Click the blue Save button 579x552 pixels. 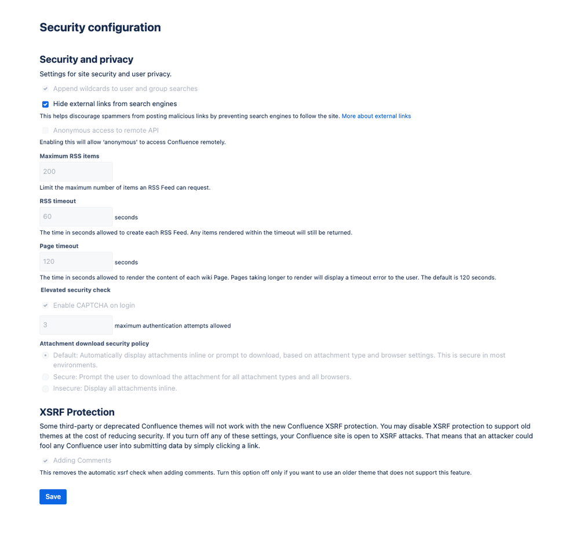point(53,497)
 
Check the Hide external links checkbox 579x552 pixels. point(45,104)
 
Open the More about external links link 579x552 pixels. point(376,117)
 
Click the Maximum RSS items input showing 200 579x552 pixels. point(76,172)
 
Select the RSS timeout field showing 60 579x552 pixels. point(76,217)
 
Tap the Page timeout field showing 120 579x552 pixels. point(76,262)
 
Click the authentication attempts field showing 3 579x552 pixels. point(76,325)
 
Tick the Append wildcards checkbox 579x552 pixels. point(45,89)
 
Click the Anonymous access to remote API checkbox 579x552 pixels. point(45,130)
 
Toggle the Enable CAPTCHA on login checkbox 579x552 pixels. point(45,306)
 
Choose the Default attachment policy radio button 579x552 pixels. point(45,355)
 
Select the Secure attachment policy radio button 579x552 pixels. point(45,377)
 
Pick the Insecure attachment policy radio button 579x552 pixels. point(45,388)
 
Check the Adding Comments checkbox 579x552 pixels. point(45,460)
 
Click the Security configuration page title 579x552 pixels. point(100,27)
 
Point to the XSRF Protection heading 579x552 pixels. point(77,412)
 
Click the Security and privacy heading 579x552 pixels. point(86,59)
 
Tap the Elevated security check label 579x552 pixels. point(75,290)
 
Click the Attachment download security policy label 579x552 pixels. point(94,344)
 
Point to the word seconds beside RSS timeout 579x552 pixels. point(126,217)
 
